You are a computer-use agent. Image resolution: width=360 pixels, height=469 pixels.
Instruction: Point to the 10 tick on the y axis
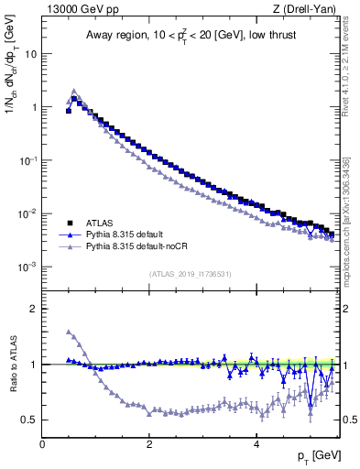[30, 53]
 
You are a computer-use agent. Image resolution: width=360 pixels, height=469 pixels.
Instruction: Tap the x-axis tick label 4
[256, 443]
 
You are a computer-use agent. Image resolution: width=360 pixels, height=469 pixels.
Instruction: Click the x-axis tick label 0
[42, 443]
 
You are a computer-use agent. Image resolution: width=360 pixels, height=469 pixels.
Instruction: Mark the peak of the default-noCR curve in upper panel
[74, 91]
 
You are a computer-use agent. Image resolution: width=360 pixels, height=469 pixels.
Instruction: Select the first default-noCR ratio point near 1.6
[69, 332]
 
